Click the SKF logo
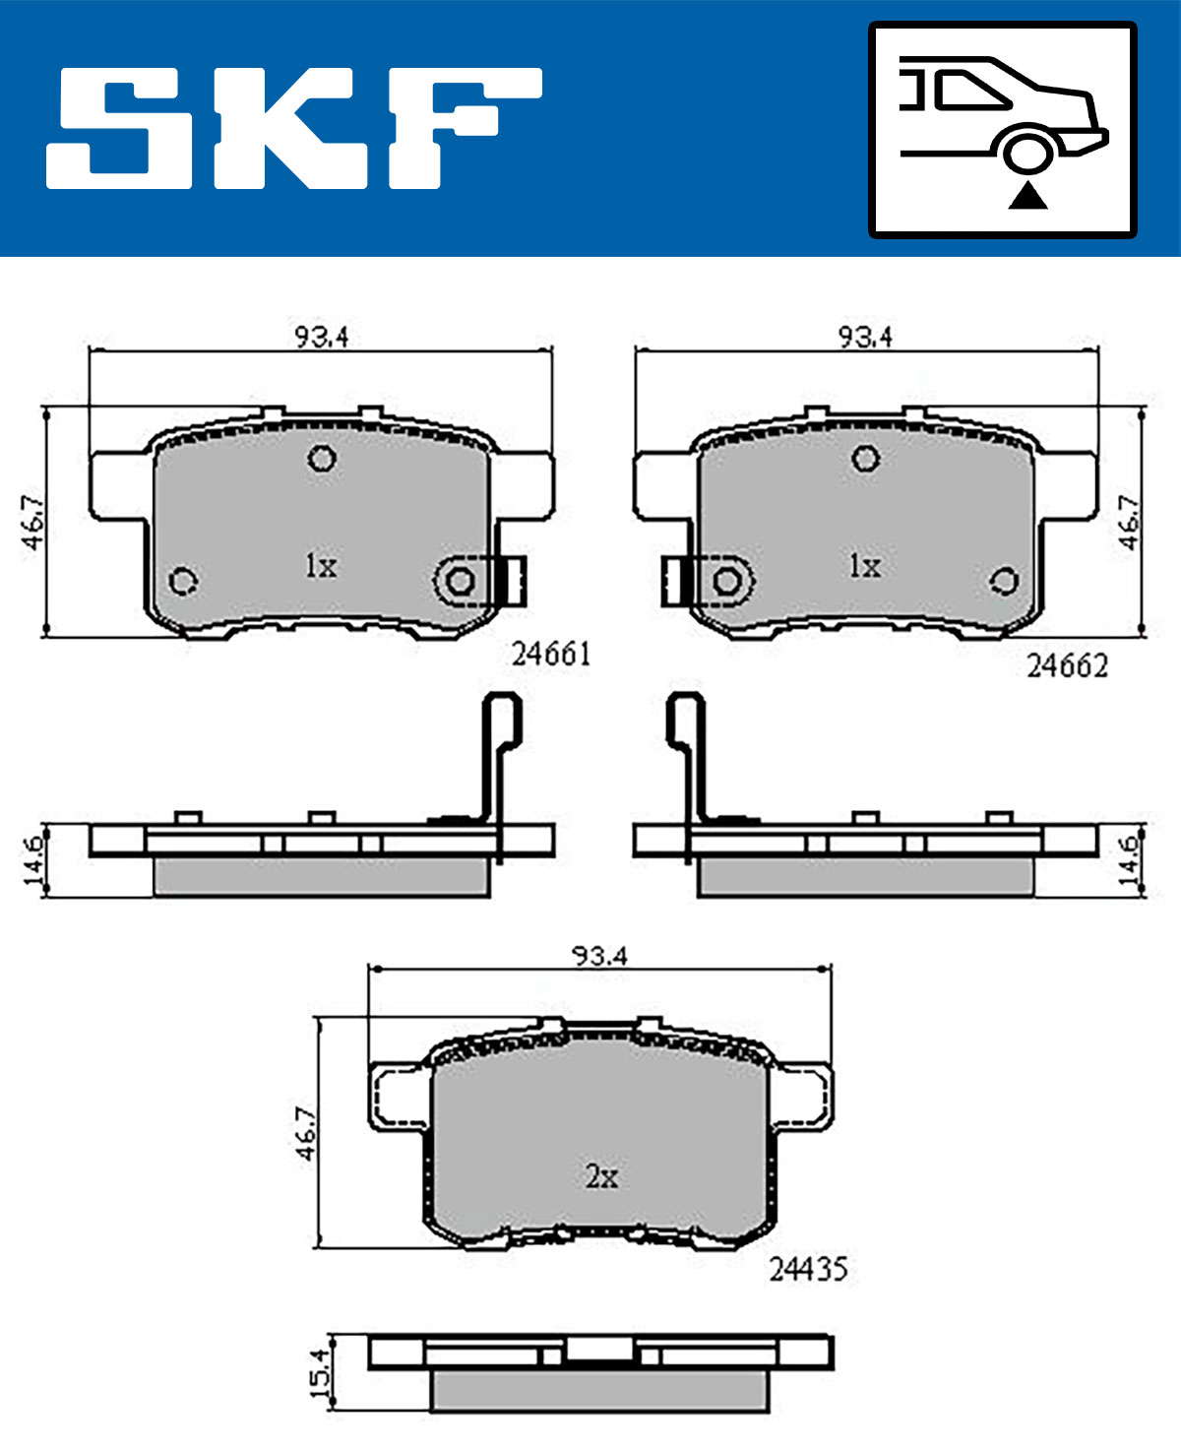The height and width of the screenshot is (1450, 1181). pyautogui.click(x=293, y=128)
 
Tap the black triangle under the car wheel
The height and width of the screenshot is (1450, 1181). pyautogui.click(x=1027, y=196)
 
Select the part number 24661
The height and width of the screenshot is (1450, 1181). pyautogui.click(x=551, y=655)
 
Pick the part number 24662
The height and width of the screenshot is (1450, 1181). pyautogui.click(x=1067, y=665)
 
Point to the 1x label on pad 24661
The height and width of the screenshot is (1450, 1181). pyautogui.click(x=321, y=566)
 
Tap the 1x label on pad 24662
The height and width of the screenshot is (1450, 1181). pyautogui.click(x=865, y=566)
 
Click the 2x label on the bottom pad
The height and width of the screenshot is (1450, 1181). pyautogui.click(x=601, y=1175)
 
